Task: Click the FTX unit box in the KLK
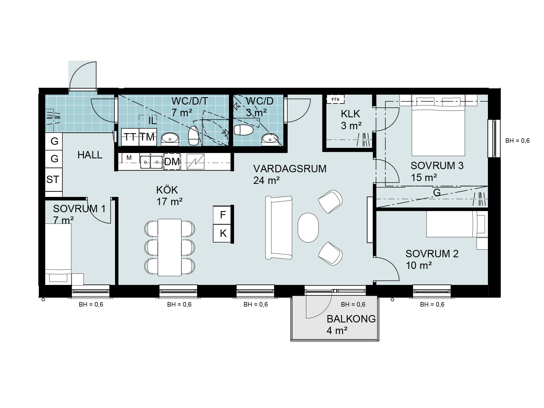tap(335, 99)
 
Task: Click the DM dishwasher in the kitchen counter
tap(172, 162)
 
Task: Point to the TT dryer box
tap(130, 137)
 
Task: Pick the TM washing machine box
tap(148, 137)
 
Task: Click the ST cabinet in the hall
tap(54, 179)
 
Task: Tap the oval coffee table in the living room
tap(308, 228)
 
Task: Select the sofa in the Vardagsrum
tap(279, 228)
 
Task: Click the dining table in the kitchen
tap(169, 247)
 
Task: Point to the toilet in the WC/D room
tap(243, 130)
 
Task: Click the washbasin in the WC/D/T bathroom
tap(170, 139)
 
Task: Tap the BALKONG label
tap(351, 319)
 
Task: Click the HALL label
tap(90, 155)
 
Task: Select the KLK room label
tap(350, 114)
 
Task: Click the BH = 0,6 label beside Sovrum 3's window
tap(517, 141)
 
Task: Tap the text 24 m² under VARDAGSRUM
tap(266, 180)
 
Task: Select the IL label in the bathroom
tap(152, 121)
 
